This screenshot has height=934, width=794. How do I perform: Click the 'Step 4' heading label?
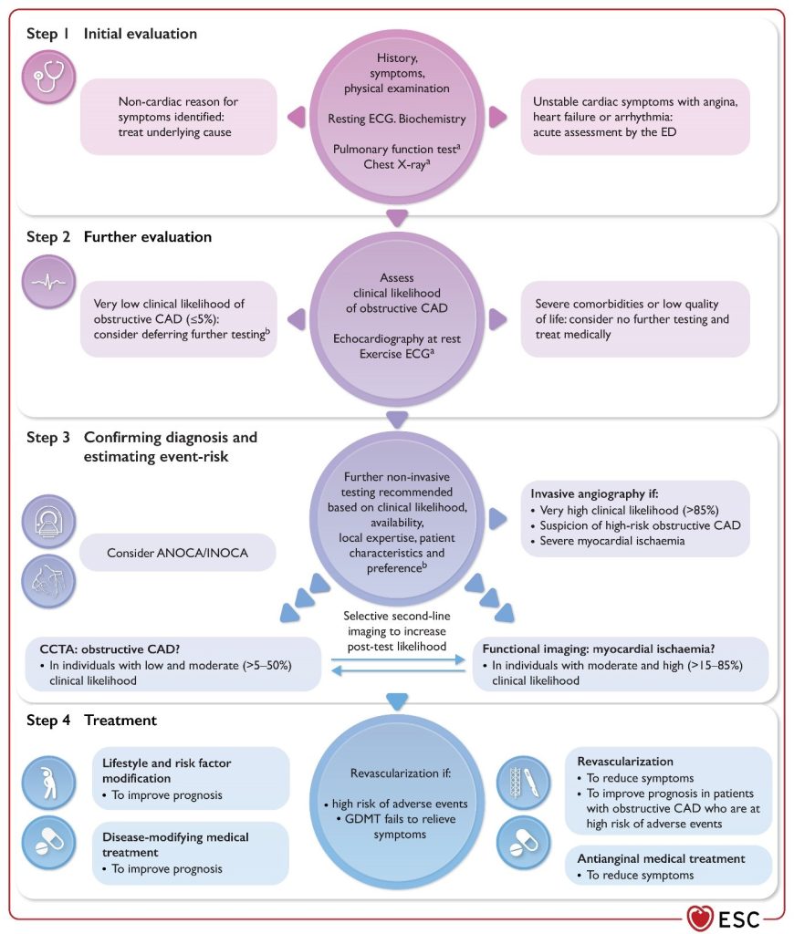(x=54, y=721)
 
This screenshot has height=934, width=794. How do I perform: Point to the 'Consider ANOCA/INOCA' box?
(x=177, y=552)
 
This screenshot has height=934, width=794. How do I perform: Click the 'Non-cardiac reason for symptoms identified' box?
(x=178, y=117)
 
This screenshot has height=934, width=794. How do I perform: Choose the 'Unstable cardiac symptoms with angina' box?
(x=635, y=117)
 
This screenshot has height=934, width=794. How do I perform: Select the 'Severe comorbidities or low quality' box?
(x=635, y=319)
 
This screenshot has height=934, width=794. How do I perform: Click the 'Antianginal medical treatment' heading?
(x=661, y=858)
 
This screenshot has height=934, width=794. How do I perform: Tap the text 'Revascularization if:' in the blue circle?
(x=396, y=773)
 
